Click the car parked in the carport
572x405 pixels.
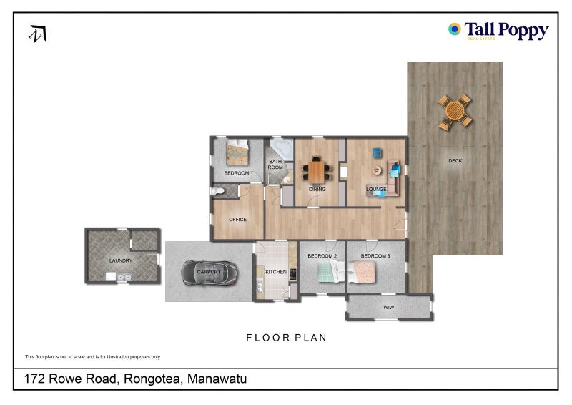point(209,272)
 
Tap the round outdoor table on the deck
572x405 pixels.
point(455,112)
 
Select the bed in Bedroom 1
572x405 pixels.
point(237,152)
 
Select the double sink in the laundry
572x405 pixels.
point(117,276)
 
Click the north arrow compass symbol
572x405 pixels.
point(38,34)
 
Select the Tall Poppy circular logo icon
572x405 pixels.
point(454,29)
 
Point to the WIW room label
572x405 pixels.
point(389,308)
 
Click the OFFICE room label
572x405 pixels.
point(237,220)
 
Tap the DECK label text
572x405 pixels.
point(455,161)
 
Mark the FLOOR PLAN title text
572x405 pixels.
point(286,337)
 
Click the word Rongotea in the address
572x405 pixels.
point(157,379)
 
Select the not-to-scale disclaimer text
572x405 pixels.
point(92,356)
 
